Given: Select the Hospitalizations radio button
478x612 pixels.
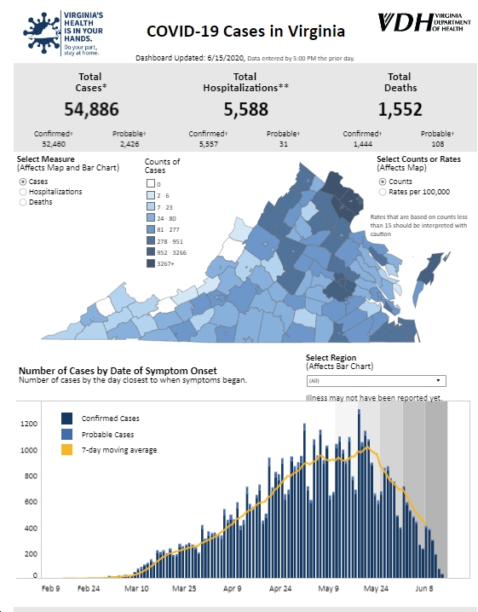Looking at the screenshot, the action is tap(23, 192).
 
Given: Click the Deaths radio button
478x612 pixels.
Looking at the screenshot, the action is tap(23, 202).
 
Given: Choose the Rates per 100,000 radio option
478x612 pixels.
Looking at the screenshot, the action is tap(383, 192).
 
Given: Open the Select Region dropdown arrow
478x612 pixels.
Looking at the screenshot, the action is tap(438, 380).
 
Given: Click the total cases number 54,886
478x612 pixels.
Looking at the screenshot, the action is tap(91, 109).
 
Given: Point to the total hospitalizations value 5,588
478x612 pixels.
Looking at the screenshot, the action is tap(246, 109).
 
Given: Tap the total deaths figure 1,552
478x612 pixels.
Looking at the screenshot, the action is tap(400, 109).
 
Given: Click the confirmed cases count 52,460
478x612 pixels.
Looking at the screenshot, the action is tap(54, 144).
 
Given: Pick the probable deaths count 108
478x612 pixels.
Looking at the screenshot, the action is tap(438, 144).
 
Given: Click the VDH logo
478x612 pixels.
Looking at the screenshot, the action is tap(424, 22).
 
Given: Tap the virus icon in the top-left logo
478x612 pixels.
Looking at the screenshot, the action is tap(42, 32).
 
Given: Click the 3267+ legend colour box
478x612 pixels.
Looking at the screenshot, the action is tap(151, 264).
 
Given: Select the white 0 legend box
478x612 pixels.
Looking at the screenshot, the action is tap(151, 183).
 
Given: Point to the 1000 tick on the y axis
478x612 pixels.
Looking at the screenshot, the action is tap(29, 450).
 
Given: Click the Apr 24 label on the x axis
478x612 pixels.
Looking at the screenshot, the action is tap(280, 589).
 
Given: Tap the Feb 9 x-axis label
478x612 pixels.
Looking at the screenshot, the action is tap(51, 589).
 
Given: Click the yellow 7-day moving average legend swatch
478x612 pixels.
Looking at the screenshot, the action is tap(66, 450).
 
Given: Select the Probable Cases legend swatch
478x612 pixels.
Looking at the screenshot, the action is tap(66, 434).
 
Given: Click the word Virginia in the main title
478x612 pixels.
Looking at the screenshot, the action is tap(317, 32).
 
